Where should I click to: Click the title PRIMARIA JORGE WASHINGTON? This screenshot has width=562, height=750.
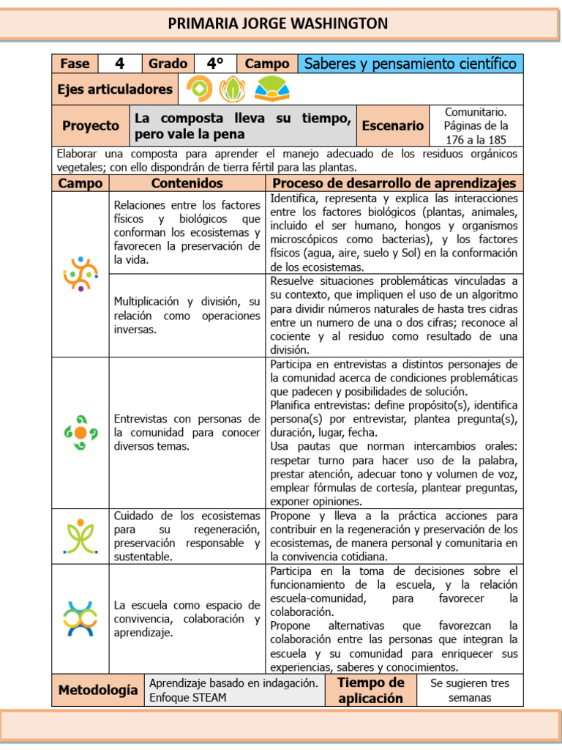pos(278,23)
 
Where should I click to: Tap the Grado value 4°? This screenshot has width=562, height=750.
pos(215,64)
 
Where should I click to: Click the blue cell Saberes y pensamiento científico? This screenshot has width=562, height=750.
pos(411,64)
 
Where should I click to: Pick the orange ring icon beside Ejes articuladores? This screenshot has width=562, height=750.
pos(199,89)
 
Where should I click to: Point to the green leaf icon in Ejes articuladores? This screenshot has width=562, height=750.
pos(233,89)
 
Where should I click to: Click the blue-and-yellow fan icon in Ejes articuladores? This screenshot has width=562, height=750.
pos(271,89)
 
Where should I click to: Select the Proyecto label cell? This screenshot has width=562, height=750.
pos(91,125)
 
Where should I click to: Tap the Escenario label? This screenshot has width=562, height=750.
pos(392,125)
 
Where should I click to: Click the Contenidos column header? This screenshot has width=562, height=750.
pos(187,183)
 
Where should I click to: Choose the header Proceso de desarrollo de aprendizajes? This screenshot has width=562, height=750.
pos(394,183)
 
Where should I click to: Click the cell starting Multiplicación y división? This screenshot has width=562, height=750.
pos(187,315)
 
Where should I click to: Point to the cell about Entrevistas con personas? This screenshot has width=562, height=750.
pos(187,432)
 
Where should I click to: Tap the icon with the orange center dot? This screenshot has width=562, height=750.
pos(80,432)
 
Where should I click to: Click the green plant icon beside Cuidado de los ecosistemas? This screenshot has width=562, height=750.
pos(80,535)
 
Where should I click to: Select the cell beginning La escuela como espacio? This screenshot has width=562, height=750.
pos(187,618)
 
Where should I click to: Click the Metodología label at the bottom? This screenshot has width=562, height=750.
pos(97,690)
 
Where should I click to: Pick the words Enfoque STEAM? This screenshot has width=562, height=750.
pos(187,697)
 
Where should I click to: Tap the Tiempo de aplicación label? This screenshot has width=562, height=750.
pos(370,690)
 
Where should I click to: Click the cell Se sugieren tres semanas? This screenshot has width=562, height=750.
pos(470,690)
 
